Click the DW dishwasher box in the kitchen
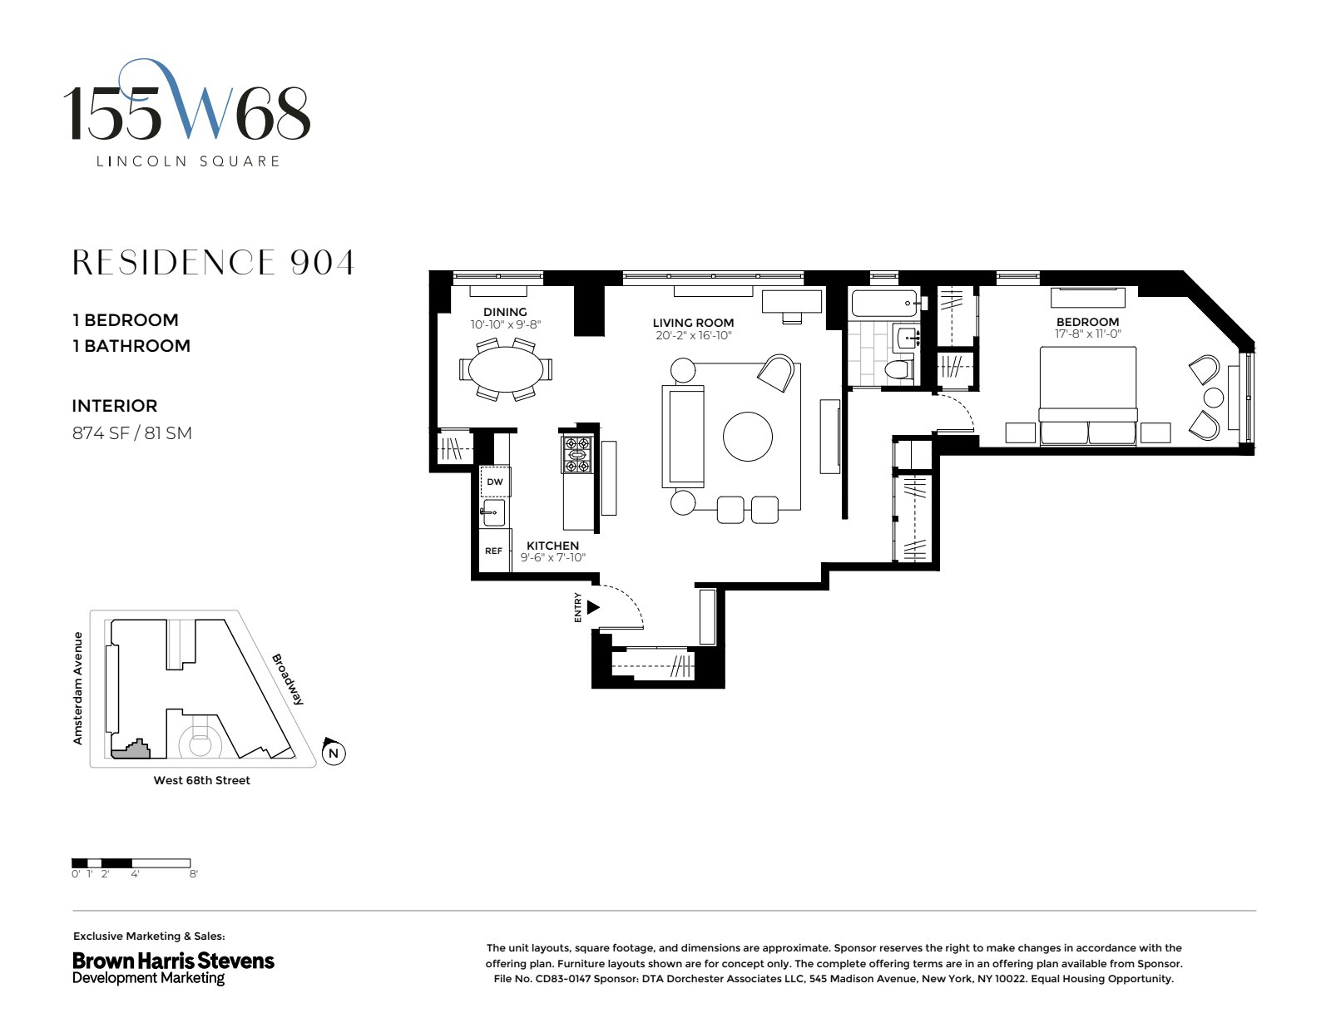pos(495,482)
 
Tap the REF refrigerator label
pos(494,551)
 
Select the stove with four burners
pos(577,455)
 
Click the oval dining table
pos(505,368)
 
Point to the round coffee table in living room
pos(747,437)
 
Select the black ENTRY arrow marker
pos(592,607)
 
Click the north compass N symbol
pos(333,754)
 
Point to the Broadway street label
pos(289,679)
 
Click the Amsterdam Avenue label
pos(78,688)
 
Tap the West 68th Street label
pos(201,780)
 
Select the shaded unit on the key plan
pos(132,749)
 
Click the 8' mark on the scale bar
pos(193,874)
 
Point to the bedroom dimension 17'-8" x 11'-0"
pos(1087,334)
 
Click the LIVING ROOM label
pos(693,323)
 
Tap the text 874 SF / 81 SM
pos(132,432)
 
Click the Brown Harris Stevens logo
pos(173,967)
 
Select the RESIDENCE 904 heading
pos(214,262)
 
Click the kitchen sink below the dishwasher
pos(494,512)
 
